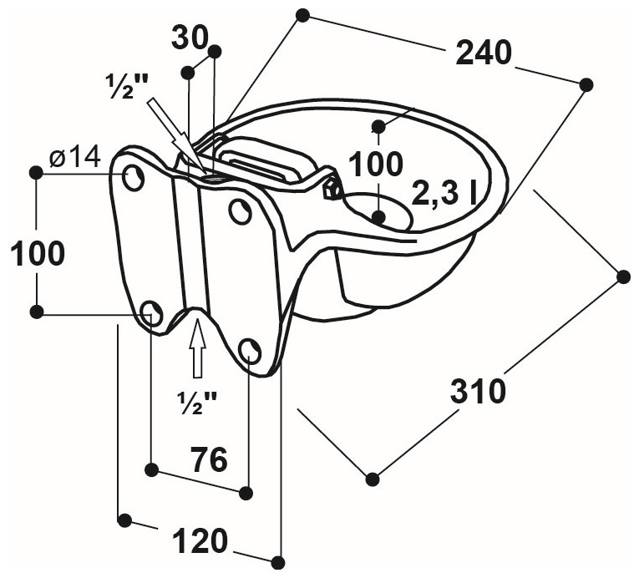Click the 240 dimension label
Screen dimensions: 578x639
click(x=483, y=53)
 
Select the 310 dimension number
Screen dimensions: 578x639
click(x=478, y=391)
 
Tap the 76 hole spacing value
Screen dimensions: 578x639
click(x=209, y=459)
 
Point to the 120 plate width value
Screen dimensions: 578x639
click(x=200, y=542)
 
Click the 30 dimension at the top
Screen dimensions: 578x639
click(x=189, y=38)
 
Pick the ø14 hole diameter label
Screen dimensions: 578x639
click(x=74, y=156)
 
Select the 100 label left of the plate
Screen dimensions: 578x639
click(x=37, y=254)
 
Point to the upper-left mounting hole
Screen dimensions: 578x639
click(x=133, y=176)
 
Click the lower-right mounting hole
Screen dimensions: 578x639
click(x=250, y=350)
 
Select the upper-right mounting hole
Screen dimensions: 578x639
click(x=241, y=211)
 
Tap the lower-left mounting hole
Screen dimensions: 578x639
click(x=152, y=314)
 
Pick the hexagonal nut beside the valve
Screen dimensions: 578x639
click(x=332, y=189)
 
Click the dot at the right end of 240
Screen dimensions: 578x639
click(x=586, y=84)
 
